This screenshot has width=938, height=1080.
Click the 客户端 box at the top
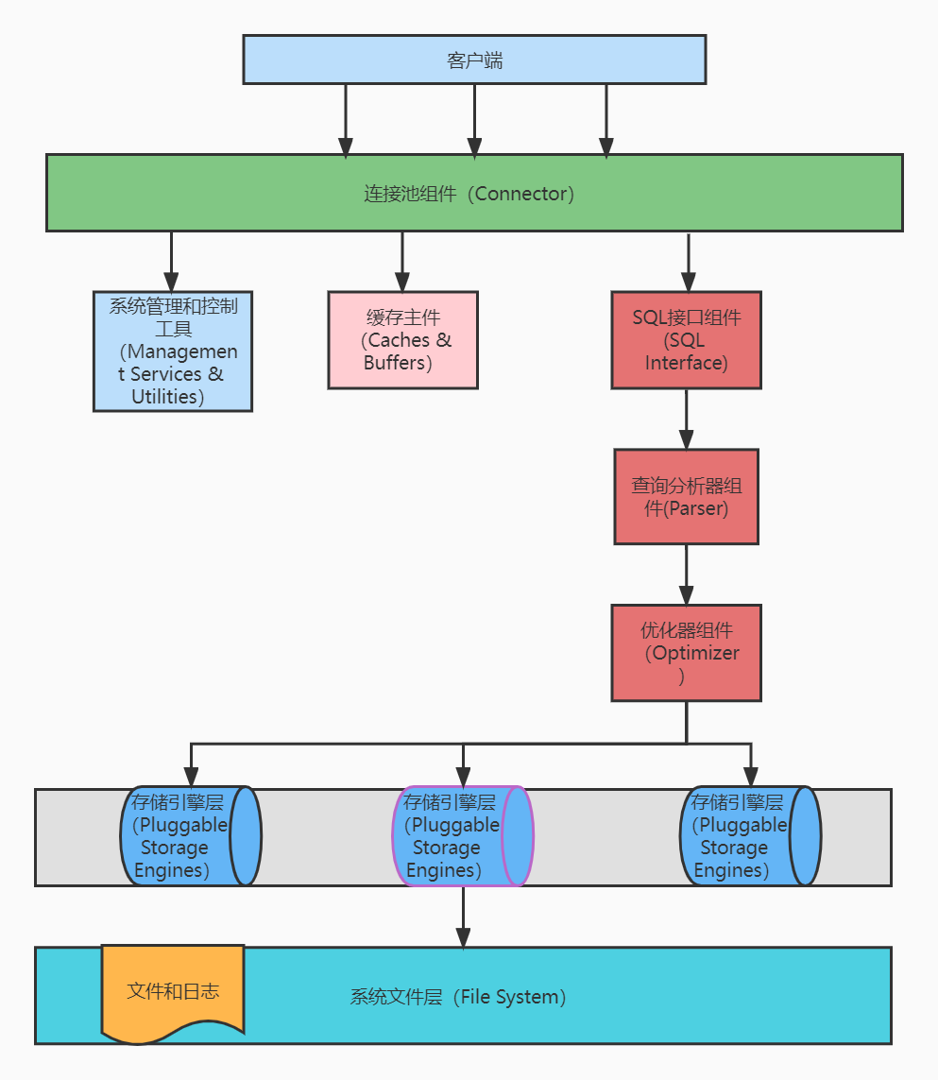pos(474,60)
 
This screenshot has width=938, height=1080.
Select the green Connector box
pos(474,193)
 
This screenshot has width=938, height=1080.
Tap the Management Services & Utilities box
pos(173,351)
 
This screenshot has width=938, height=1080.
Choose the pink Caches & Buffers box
pos(403,340)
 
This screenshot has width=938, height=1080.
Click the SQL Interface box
pos(687,340)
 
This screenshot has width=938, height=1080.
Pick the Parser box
pos(687,497)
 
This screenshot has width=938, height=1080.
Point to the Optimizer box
pos(687,653)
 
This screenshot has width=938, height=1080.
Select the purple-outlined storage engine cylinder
pos(464,836)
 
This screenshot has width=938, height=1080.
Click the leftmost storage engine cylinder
pos(191,836)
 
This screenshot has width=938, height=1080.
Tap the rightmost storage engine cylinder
pos(751,836)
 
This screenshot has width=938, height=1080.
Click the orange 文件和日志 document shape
pos(173,993)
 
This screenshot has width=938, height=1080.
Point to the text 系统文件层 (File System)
pos(458,997)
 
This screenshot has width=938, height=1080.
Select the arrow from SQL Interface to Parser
pos(687,420)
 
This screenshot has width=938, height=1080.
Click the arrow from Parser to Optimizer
pos(687,575)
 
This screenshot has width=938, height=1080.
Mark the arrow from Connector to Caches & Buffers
pos(403,262)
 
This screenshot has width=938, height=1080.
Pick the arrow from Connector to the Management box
pos(172,262)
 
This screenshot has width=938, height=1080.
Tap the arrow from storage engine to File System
pos(464,917)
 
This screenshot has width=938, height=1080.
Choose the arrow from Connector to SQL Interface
pos(688,263)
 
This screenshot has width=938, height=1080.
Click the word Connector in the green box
pos(520,194)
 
